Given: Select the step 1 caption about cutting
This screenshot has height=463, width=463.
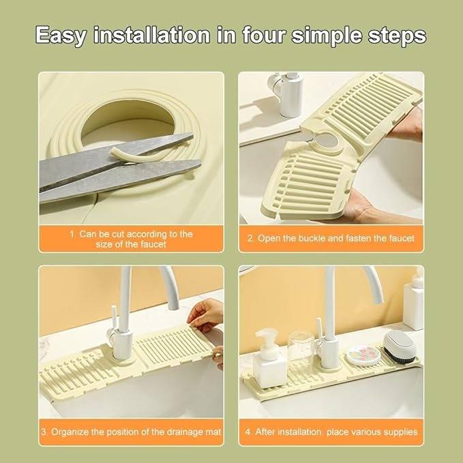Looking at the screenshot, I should (x=131, y=239).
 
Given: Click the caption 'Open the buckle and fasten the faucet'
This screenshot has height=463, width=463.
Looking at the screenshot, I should (x=331, y=239).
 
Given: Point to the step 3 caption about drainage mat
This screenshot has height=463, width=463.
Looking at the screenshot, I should (x=131, y=432).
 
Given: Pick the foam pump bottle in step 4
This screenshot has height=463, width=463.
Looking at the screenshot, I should (x=267, y=358).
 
